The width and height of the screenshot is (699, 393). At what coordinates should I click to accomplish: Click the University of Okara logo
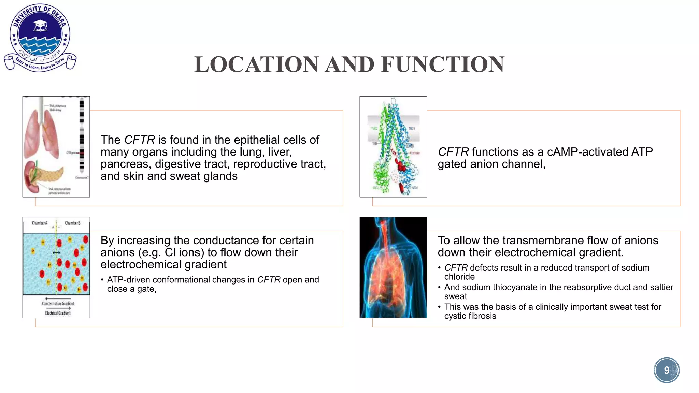[40, 38]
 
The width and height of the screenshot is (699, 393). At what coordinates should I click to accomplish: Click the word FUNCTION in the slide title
[443, 64]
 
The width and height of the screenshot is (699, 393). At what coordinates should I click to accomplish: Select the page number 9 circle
[666, 370]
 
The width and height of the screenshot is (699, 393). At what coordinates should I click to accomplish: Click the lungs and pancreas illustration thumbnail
[56, 147]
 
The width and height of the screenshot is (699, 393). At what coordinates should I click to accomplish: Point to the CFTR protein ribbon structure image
[393, 147]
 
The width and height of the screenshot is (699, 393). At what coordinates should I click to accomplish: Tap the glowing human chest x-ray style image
[393, 267]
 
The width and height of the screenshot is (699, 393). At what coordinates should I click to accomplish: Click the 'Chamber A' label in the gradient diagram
[40, 223]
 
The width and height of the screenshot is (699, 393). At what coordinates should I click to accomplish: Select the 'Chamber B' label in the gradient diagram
[72, 223]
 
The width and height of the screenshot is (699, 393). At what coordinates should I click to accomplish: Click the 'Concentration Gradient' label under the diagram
[58, 303]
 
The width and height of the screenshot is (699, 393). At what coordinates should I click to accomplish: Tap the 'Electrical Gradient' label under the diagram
[58, 313]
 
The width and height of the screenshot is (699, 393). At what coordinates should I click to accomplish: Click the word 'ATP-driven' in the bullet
[128, 280]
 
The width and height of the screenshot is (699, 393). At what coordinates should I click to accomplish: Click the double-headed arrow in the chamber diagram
[56, 253]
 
